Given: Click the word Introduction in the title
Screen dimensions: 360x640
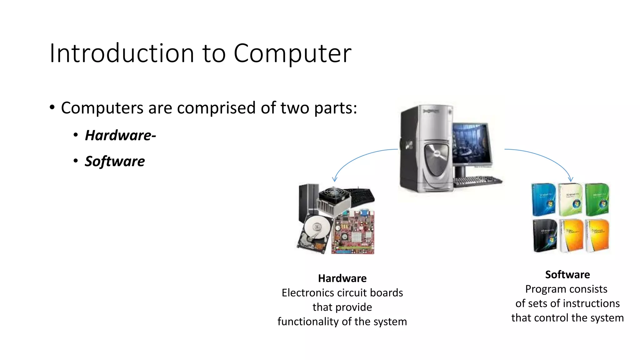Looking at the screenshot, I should (122, 53).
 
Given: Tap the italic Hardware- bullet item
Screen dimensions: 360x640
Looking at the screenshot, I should (120, 135).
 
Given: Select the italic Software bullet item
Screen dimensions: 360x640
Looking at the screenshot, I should (115, 161).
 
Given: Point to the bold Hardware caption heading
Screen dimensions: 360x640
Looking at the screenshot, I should (342, 278).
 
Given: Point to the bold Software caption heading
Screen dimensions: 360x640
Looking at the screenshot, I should (567, 274).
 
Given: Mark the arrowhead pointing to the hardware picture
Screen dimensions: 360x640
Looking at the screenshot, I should (335, 180).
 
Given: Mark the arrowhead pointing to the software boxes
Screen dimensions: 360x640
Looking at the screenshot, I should (571, 180).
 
